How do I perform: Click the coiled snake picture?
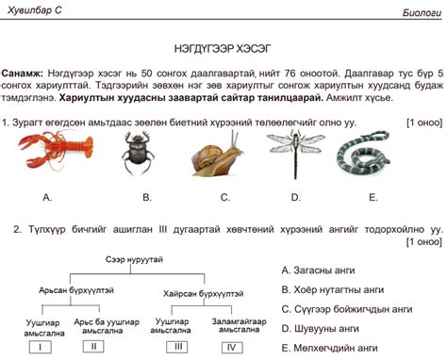click(x=374, y=154)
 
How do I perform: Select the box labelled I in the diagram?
click(x=41, y=347)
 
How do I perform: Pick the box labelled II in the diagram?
click(x=94, y=347)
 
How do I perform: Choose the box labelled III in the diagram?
click(x=178, y=347)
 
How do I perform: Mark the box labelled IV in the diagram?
click(x=231, y=347)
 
